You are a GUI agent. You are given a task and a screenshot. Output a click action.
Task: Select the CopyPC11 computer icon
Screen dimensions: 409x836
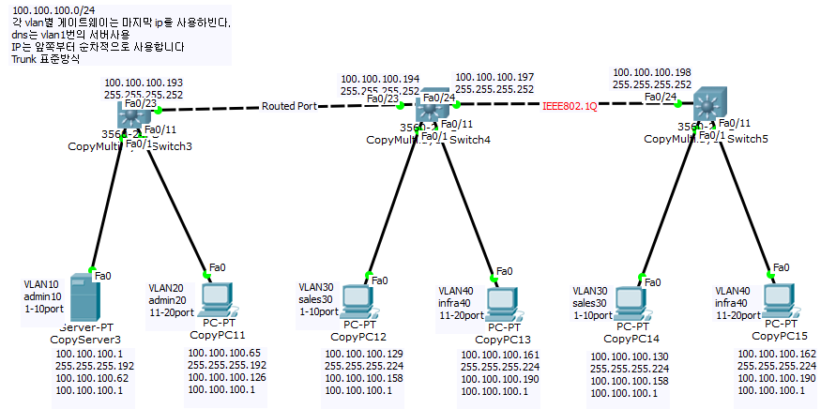(217, 298)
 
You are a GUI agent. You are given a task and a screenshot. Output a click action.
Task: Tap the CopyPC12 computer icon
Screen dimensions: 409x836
(357, 299)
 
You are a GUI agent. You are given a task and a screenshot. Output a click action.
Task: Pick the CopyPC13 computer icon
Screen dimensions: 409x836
(502, 300)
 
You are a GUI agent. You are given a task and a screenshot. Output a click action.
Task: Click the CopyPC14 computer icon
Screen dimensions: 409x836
(633, 299)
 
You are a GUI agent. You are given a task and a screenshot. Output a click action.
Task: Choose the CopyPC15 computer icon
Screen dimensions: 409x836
(778, 298)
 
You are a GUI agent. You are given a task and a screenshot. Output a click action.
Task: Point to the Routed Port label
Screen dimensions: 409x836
(289, 106)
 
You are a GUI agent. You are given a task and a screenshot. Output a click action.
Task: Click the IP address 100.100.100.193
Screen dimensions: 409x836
(144, 83)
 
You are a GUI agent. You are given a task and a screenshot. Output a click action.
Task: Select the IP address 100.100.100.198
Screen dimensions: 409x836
(651, 71)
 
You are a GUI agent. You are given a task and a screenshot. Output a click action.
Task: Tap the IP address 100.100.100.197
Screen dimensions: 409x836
(494, 77)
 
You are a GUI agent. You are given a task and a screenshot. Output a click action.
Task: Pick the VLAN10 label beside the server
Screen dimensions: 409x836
(40, 283)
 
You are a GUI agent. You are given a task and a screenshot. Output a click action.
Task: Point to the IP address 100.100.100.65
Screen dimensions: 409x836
(225, 353)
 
